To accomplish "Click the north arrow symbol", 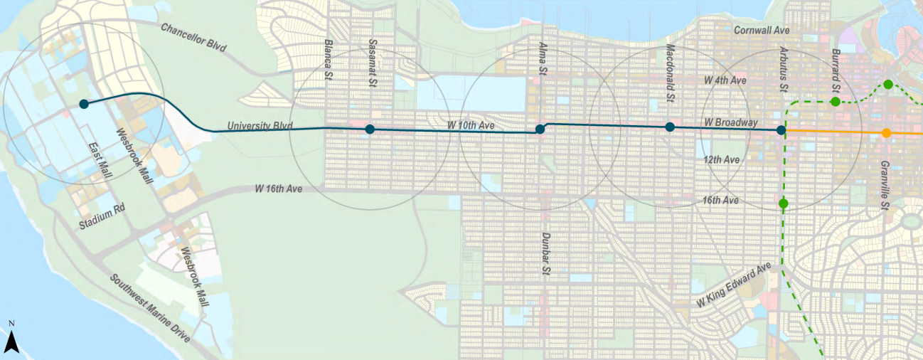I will (x=11, y=342).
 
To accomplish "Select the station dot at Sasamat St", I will (x=370, y=129).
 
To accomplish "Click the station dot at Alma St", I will (x=540, y=129).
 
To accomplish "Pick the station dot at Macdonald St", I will (x=669, y=127).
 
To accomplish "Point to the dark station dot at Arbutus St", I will (x=781, y=130).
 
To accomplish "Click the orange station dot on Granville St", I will (x=886, y=133).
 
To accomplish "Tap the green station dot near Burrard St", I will (x=836, y=102).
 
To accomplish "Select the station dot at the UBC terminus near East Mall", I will (x=83, y=104).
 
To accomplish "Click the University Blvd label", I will (x=260, y=126).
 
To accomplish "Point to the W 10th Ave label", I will (x=470, y=125).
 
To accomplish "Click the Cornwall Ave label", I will (x=762, y=31).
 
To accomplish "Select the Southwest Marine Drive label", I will (x=150, y=308).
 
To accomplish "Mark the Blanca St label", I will (x=328, y=53).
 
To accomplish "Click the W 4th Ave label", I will (x=725, y=80).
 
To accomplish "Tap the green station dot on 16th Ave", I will (x=783, y=204).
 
